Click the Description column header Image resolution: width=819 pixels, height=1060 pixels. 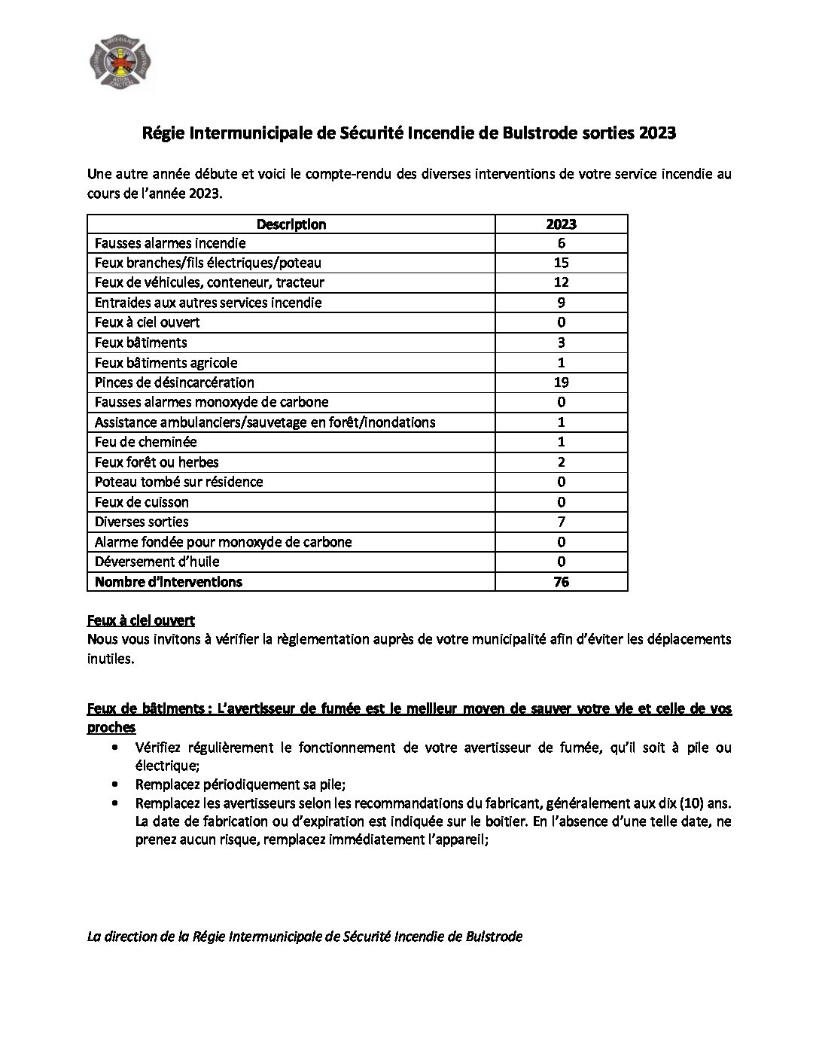pyautogui.click(x=291, y=224)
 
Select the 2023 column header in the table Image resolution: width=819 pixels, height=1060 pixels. pyautogui.click(x=561, y=224)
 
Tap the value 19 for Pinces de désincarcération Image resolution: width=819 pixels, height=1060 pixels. pyautogui.click(x=561, y=382)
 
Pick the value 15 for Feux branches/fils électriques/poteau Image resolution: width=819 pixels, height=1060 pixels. pyautogui.click(x=561, y=263)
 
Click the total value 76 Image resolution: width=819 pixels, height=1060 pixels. pyautogui.click(x=561, y=582)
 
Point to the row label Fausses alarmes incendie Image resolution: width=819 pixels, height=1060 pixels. pyautogui.click(x=170, y=243)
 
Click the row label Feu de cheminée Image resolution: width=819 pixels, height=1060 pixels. pyautogui.click(x=145, y=442)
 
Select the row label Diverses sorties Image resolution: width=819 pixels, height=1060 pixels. pyautogui.click(x=142, y=522)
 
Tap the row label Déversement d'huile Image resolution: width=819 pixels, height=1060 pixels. pyautogui.click(x=157, y=562)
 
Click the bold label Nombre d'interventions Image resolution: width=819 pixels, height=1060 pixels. pyautogui.click(x=169, y=582)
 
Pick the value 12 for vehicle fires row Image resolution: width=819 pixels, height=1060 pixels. pyautogui.click(x=561, y=282)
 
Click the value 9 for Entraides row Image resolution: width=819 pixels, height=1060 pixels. pyautogui.click(x=561, y=303)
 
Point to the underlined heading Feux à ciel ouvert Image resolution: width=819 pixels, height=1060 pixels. pyautogui.click(x=141, y=620)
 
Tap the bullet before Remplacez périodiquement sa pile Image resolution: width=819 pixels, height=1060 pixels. pyautogui.click(x=114, y=783)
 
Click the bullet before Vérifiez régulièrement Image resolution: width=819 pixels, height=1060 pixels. pyautogui.click(x=114, y=748)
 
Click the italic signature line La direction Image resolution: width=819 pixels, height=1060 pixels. pyautogui.click(x=305, y=937)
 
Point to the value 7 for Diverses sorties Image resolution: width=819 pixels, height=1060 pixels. pyautogui.click(x=561, y=522)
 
